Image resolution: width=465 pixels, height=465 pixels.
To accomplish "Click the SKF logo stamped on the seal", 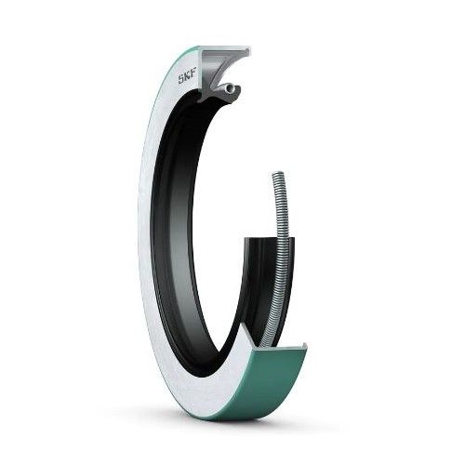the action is pyautogui.click(x=186, y=79).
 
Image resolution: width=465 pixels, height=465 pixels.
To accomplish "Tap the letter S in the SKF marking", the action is pyautogui.click(x=180, y=80).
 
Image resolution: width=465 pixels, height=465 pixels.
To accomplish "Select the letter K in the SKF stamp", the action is pyautogui.click(x=187, y=79).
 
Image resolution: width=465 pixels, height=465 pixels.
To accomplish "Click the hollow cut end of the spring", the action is pyautogui.click(x=230, y=88).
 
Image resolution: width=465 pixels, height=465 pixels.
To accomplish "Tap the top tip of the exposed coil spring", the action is pyautogui.click(x=279, y=172).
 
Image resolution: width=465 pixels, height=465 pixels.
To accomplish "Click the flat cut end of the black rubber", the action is pyautogui.click(x=268, y=238).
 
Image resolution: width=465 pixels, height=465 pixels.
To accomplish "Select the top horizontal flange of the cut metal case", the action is pyautogui.click(x=226, y=49).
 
